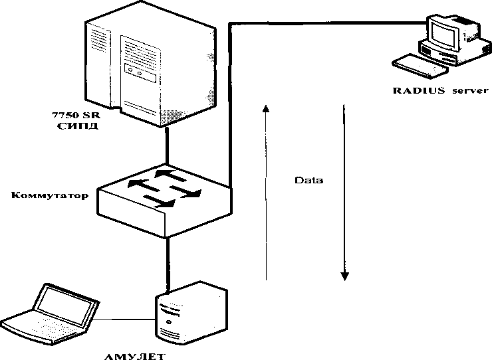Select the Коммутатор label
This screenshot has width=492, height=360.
pos(49,196)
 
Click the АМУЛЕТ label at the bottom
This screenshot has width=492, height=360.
pos(135,355)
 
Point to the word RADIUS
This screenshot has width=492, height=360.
pos(418,90)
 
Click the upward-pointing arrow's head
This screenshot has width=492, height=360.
pos(265,108)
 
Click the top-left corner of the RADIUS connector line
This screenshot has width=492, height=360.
pos(230,23)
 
